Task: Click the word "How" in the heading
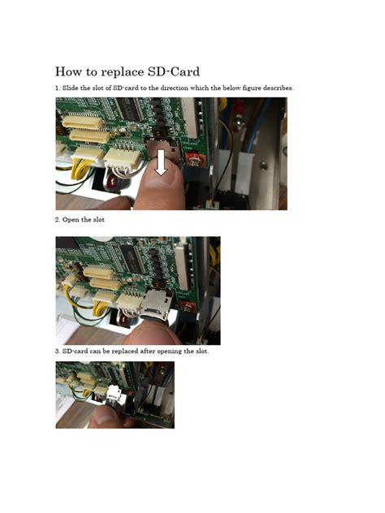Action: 69,71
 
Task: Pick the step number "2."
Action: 58,220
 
